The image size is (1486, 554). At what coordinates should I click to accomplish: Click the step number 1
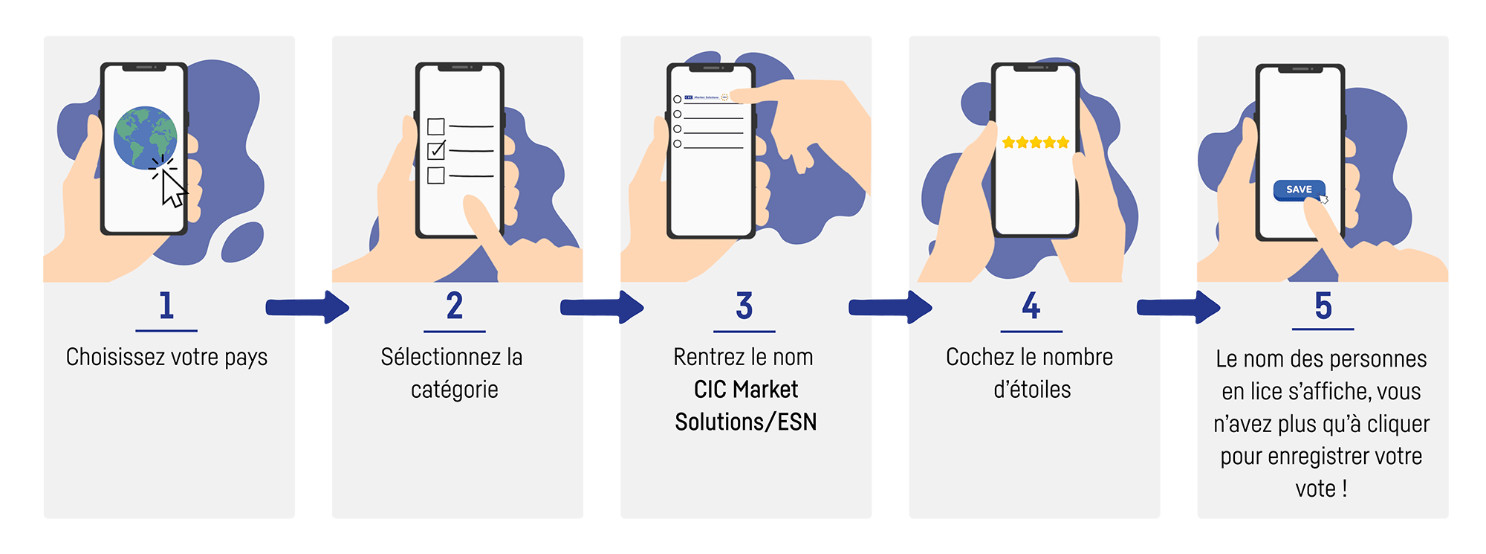tap(166, 306)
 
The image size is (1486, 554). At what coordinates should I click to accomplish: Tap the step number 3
tap(744, 306)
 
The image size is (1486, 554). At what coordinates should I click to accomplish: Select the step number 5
tap(1323, 306)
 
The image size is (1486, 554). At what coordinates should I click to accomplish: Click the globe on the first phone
tap(146, 138)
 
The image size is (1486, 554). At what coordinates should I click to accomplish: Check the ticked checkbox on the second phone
tap(436, 150)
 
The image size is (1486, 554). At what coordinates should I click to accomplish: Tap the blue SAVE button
tap(1299, 190)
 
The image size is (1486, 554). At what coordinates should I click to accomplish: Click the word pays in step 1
tap(245, 358)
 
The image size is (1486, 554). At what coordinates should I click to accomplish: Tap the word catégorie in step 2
tap(454, 390)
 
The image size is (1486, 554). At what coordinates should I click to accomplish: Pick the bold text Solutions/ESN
tap(745, 422)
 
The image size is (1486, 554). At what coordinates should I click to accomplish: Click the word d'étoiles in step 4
tap(1032, 390)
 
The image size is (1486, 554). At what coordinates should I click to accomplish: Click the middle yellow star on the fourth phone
tap(1036, 142)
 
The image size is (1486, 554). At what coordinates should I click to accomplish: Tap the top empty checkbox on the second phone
tap(436, 126)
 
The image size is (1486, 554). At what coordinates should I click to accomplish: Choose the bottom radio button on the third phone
tap(677, 144)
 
